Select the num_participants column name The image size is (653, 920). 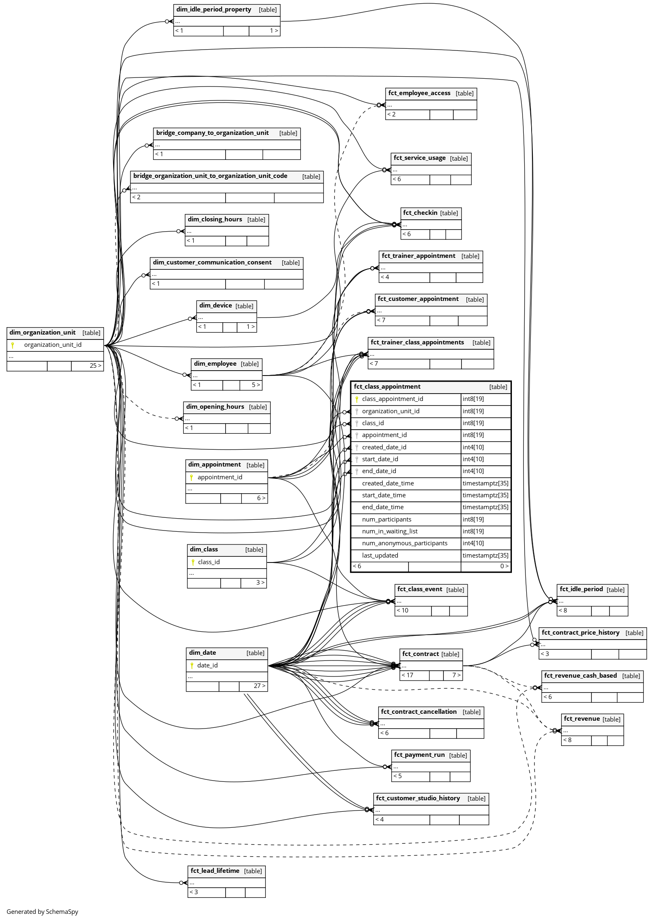tap(386, 519)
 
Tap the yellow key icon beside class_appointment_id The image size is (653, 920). tap(357, 399)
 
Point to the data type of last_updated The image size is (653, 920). tap(485, 556)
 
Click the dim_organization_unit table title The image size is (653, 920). tap(42, 332)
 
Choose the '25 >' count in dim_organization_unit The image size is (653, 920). tap(95, 366)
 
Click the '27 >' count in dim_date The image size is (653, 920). tap(259, 686)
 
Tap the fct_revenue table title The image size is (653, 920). tap(582, 719)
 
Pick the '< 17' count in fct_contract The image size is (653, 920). tap(407, 675)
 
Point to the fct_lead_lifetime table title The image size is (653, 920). tap(215, 870)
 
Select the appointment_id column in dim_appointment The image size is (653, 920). tap(220, 477)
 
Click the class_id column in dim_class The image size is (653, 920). tap(209, 562)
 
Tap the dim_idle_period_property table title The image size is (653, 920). tap(214, 9)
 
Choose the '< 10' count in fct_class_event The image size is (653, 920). tap(402, 610)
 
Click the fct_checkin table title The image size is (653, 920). tap(420, 213)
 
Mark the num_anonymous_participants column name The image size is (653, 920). tap(404, 543)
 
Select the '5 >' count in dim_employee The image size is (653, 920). tap(256, 385)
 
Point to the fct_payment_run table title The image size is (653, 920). tap(419, 755)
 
